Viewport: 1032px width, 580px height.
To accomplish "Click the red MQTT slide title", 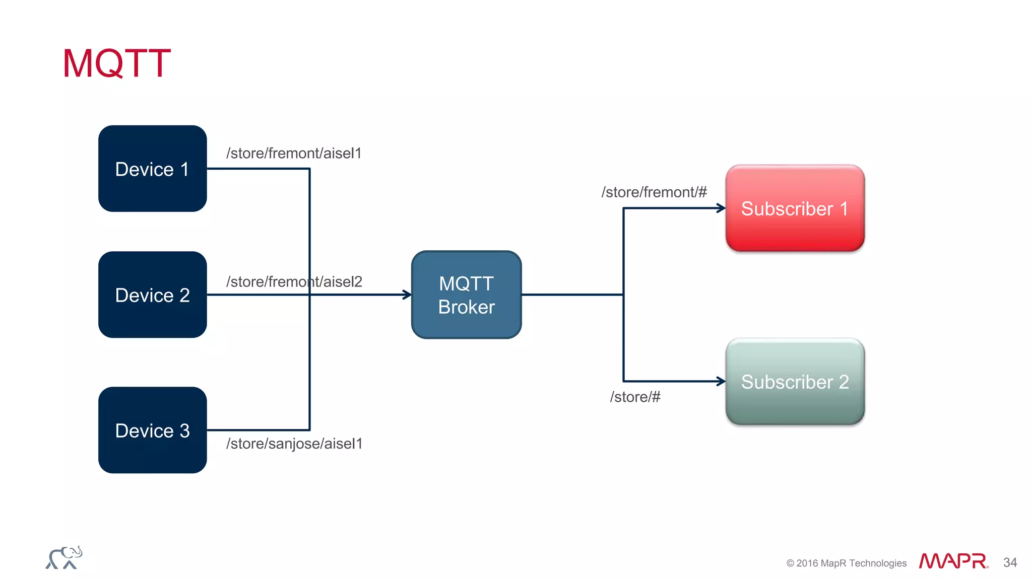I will (x=116, y=63).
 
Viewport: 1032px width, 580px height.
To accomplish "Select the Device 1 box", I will (x=152, y=169).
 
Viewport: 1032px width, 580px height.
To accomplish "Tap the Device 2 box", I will (x=152, y=295).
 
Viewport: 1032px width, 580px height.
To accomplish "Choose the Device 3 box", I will (x=152, y=430).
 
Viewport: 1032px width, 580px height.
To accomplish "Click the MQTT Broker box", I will (x=466, y=295).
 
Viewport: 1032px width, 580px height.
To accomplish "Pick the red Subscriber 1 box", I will (x=795, y=208).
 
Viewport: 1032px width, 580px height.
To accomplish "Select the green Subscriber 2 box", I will (x=795, y=382).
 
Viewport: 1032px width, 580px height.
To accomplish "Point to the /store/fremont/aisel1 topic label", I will (x=294, y=153).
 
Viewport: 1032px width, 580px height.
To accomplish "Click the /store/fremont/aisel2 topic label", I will (x=294, y=281).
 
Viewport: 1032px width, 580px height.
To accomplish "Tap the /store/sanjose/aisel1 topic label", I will (x=294, y=444).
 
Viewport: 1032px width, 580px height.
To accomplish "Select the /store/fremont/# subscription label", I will (x=654, y=192).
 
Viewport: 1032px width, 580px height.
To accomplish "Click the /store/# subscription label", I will (x=635, y=397).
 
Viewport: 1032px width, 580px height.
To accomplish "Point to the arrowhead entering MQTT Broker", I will (x=407, y=295).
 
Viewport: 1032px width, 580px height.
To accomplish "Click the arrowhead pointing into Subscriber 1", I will (x=721, y=208).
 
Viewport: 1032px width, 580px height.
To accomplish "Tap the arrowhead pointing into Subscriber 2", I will (x=721, y=382).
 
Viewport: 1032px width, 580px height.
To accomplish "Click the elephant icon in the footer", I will (x=64, y=558).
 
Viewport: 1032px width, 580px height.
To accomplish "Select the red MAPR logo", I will (x=953, y=561).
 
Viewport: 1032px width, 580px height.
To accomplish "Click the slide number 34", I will (x=1010, y=562).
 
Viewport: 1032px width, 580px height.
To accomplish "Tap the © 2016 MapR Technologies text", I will (x=846, y=563).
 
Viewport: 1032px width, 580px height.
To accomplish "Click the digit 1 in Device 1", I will (x=184, y=169).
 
